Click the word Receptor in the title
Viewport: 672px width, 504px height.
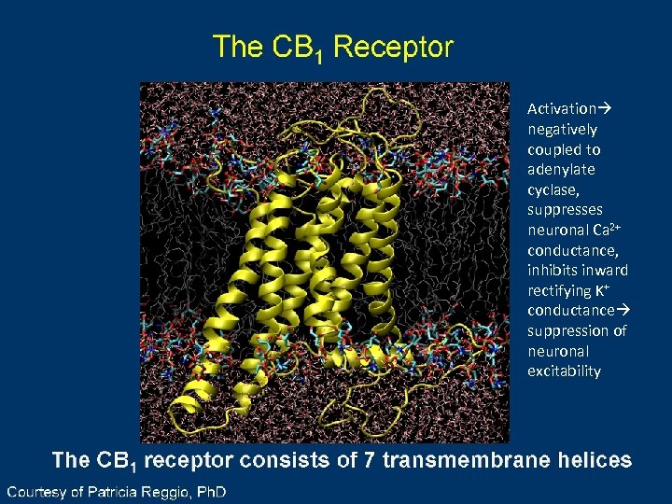[x=393, y=46]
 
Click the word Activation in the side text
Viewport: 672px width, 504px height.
[x=562, y=109]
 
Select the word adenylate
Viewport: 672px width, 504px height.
[x=561, y=170]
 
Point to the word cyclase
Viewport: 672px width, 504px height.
[x=552, y=190]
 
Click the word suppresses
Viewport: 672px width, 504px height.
[x=565, y=210]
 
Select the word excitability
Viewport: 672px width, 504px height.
[x=564, y=371]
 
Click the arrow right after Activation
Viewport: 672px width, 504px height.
[x=604, y=109]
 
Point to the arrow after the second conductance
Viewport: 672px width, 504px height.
[x=621, y=311]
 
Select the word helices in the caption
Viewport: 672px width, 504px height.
[x=594, y=460]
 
